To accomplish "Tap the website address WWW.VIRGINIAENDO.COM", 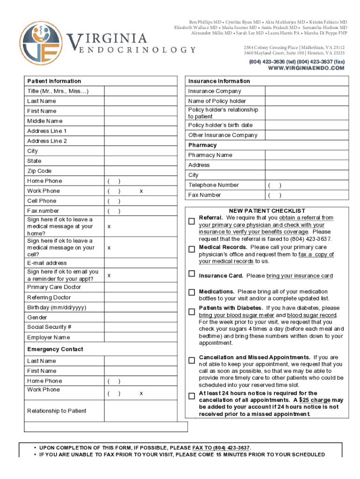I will tap(306, 68).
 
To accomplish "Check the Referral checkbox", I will tap(192, 221).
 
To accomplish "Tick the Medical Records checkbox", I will tap(192, 250).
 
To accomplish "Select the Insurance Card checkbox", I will tap(192, 274).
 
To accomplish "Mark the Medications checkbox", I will tap(192, 292).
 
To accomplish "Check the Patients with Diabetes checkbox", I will tap(192, 312).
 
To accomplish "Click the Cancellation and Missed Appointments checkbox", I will tap(192, 361).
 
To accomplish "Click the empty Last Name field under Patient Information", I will tap(141, 101).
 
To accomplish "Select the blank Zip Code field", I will tap(141, 171).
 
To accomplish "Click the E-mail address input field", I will tap(141, 263).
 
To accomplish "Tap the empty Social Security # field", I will tap(141, 327).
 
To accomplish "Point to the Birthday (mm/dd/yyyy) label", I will tap(57, 307).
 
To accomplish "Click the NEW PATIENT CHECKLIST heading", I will tap(267, 211).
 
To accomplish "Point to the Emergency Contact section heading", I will tap(55, 349).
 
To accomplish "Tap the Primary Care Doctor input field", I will tap(141, 287).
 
